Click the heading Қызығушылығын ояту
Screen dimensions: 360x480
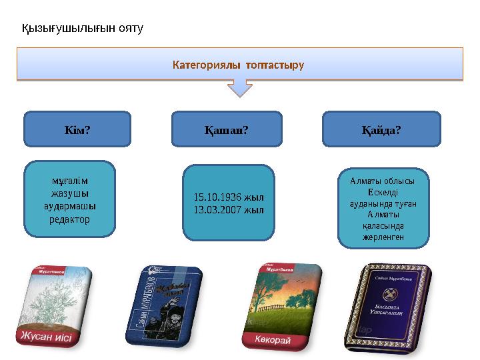83,29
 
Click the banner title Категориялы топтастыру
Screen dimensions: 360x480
238,65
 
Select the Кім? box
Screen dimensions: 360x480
77,129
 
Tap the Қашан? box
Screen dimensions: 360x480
227,129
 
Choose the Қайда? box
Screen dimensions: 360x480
381,129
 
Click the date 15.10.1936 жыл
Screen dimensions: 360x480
229,197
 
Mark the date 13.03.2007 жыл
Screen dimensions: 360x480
229,209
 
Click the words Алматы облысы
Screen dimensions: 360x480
383,181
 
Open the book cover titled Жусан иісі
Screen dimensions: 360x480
57,307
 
